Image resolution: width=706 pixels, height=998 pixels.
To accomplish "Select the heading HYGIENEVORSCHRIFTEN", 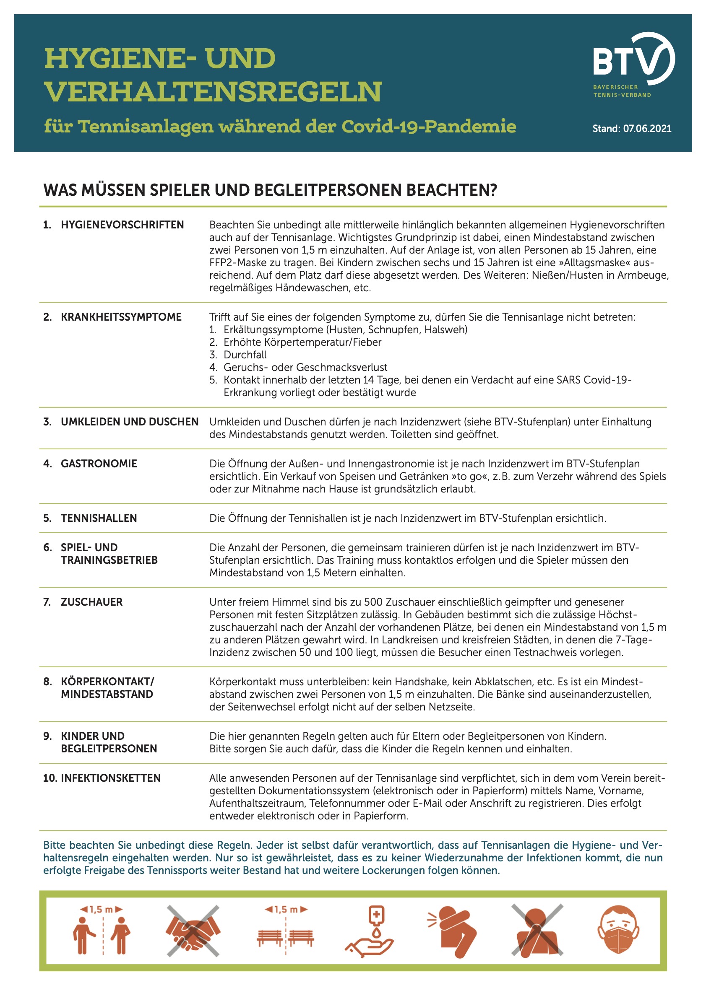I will [122, 225].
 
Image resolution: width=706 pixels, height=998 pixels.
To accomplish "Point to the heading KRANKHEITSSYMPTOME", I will [121, 317].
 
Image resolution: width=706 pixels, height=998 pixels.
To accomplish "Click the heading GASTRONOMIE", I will [99, 463].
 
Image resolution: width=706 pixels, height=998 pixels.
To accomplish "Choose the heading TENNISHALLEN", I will [99, 518].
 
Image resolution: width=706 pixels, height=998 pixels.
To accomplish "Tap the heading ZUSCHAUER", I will [91, 602].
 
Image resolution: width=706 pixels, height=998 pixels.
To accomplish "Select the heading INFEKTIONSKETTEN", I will [110, 778].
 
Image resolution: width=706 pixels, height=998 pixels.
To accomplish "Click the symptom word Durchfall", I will [245, 355].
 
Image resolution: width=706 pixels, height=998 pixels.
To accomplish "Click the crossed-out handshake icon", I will [193, 931].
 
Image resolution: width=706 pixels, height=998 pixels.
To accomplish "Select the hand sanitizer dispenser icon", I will [370, 931].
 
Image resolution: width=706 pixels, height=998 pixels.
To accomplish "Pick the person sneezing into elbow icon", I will [452, 931].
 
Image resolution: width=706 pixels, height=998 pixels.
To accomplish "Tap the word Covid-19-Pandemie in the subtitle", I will [428, 127].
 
